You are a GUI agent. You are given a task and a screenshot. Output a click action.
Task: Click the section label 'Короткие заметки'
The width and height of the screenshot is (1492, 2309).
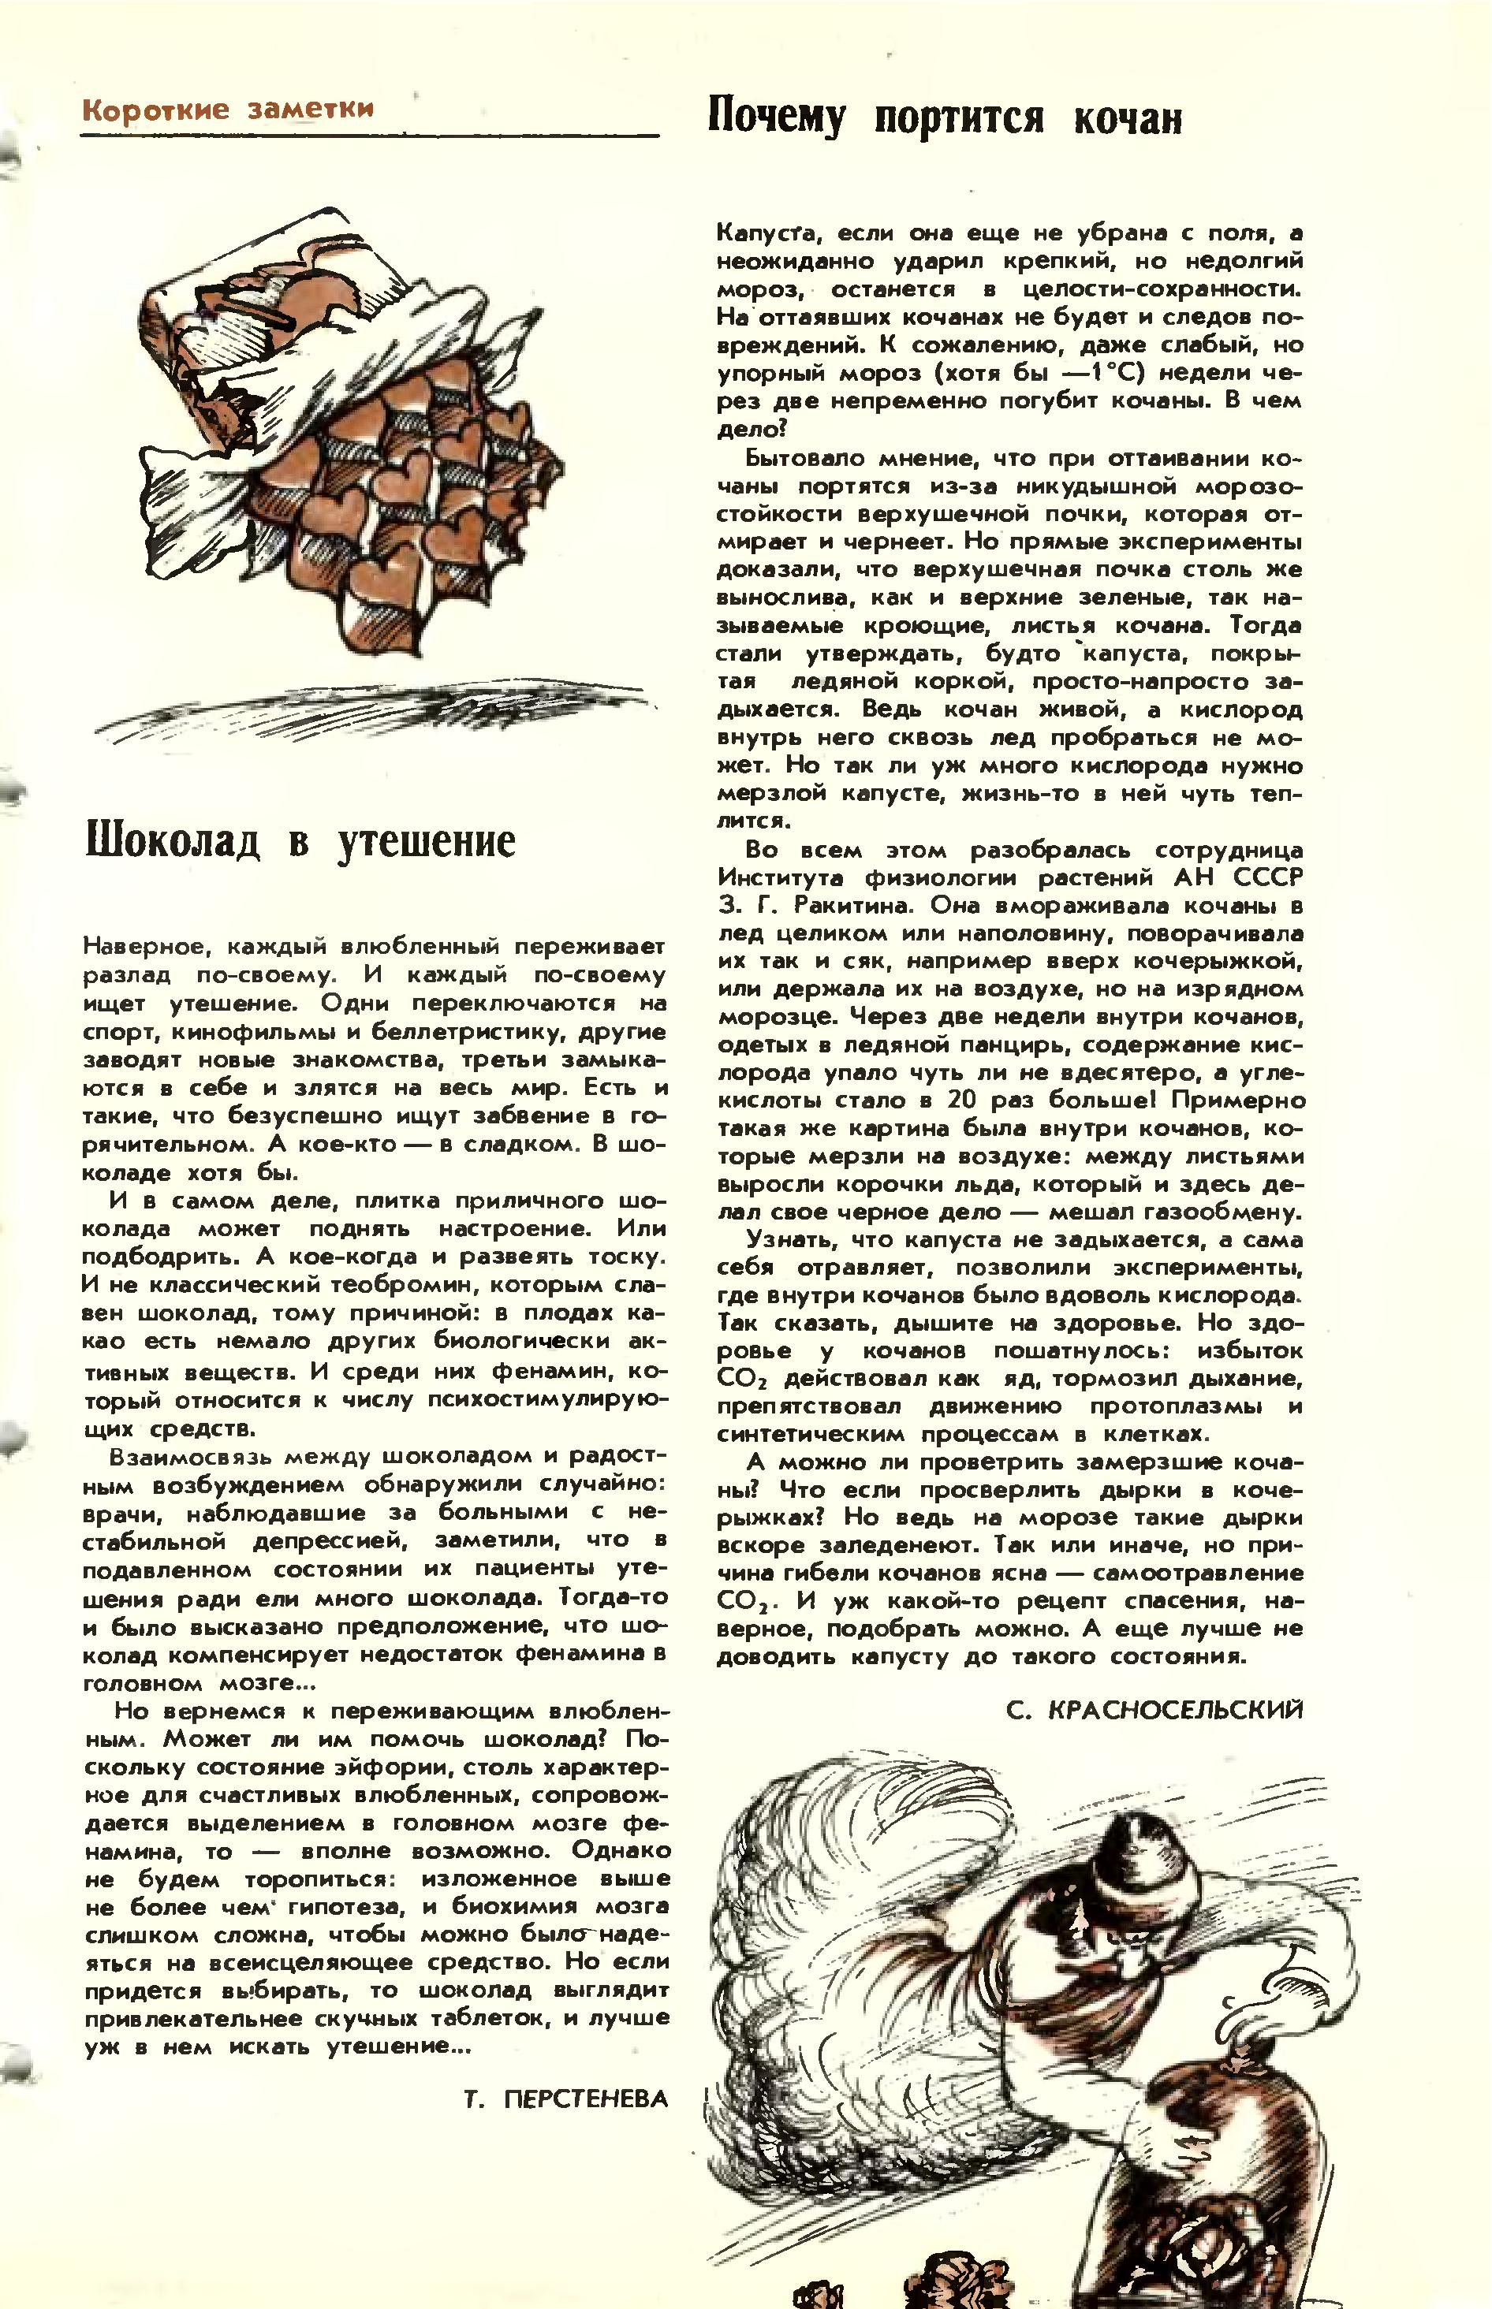228,109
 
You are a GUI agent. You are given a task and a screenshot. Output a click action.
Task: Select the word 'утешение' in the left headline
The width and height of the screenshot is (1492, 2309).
427,843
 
